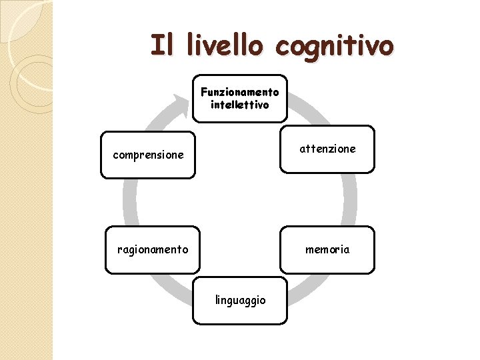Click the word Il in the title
(162, 45)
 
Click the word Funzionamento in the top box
(240, 92)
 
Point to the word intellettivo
(240, 105)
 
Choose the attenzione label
(327, 149)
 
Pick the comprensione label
(148, 155)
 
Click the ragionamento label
(153, 249)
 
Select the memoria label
(327, 249)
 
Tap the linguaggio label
(240, 300)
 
